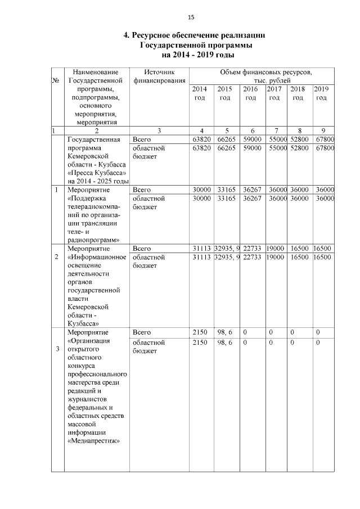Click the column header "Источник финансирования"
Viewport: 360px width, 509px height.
pos(159,76)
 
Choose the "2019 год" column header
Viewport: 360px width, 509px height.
pos(321,93)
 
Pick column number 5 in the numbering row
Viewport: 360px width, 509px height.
pos(225,131)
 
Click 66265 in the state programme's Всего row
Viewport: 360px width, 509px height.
pos(225,139)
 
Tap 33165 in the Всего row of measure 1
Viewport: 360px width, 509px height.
pos(225,190)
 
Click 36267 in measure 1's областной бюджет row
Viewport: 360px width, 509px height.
pos(251,199)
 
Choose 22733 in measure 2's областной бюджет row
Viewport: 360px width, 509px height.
pos(251,257)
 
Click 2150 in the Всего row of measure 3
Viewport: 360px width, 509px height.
pos(200,332)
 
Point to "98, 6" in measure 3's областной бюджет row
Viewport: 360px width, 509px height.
pos(225,342)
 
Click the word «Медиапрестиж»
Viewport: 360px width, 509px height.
pos(94,441)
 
